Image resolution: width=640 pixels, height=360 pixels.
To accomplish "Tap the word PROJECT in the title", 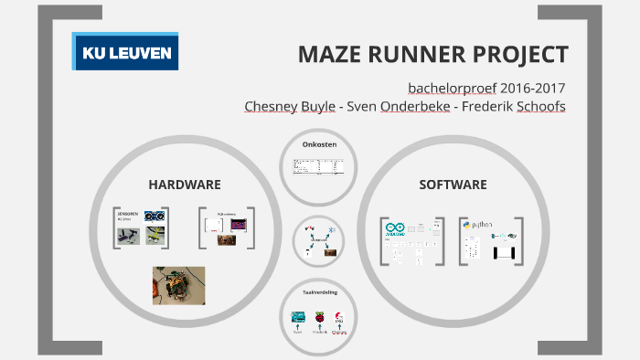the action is [x=520, y=54].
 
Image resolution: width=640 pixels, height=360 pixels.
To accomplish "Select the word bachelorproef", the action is [x=454, y=89].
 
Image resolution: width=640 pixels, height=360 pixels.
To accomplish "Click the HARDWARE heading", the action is [x=185, y=185].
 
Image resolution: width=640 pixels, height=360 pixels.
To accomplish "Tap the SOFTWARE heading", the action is [x=453, y=185].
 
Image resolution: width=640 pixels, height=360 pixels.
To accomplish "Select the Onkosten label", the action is [x=319, y=144].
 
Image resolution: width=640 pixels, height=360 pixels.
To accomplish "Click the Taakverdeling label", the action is [x=319, y=292].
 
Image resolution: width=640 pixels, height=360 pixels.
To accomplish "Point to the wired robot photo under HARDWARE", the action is [x=177, y=285].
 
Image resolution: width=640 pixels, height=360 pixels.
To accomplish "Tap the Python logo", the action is [x=480, y=224].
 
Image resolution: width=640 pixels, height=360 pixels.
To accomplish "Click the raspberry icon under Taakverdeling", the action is [x=319, y=317].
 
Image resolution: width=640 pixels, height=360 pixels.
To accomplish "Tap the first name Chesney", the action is [x=271, y=107].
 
